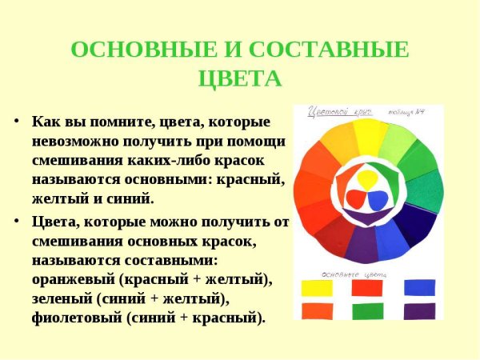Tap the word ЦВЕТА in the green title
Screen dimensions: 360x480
coord(239,79)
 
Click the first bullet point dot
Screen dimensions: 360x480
coord(17,122)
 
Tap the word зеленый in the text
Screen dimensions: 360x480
coord(66,298)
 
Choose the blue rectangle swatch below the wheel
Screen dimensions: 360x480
coord(419,286)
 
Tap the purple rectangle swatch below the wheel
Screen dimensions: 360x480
coord(419,310)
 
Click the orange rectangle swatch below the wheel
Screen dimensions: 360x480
coord(317,310)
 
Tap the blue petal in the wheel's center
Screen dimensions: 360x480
coord(378,198)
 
